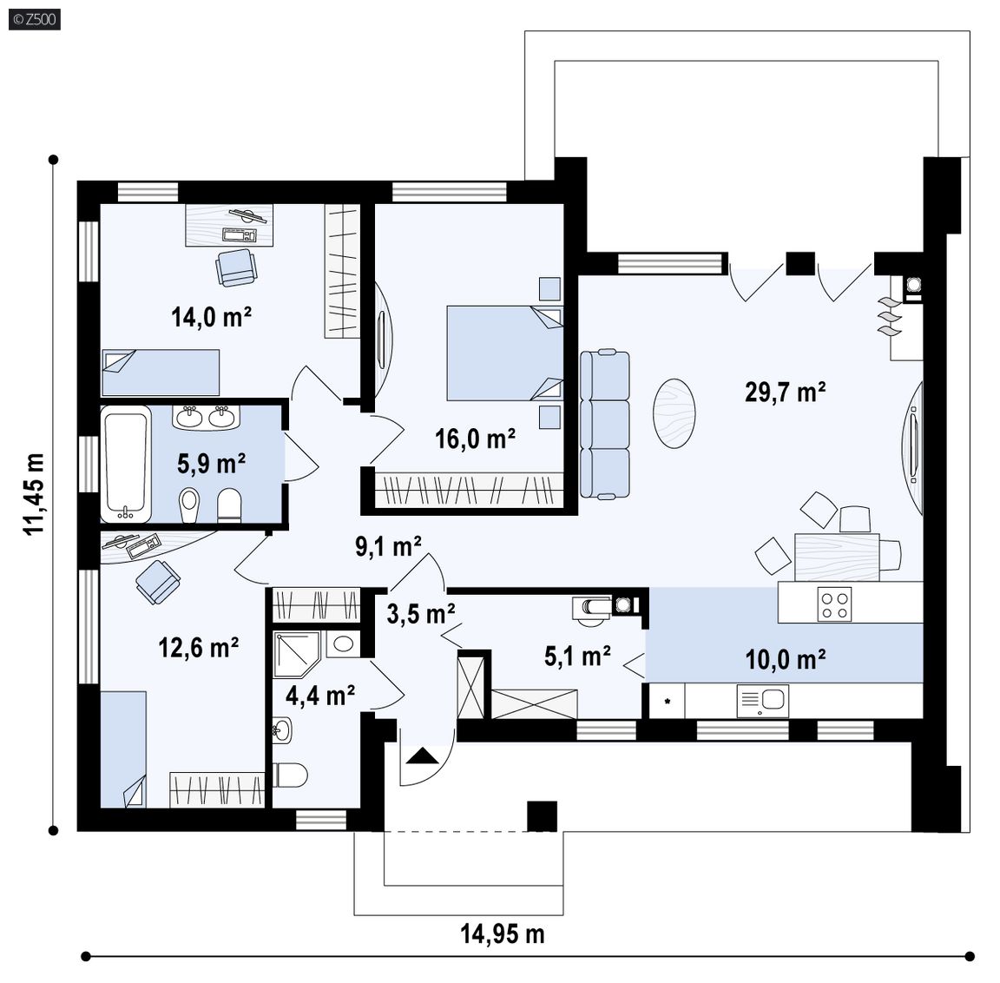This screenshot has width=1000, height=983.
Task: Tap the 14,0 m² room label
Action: (211, 316)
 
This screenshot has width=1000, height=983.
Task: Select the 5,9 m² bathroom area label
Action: (211, 463)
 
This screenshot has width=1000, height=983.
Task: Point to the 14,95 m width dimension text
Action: (503, 934)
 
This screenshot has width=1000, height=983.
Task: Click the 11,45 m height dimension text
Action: (34, 494)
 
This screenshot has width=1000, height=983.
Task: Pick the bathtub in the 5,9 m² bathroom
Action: (126, 465)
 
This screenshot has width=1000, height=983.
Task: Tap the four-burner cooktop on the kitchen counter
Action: (834, 604)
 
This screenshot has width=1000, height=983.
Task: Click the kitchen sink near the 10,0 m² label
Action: (763, 701)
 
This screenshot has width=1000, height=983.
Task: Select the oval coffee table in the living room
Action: (674, 413)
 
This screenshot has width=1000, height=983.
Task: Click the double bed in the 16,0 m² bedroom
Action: (504, 353)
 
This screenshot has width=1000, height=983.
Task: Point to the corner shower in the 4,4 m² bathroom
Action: (297, 655)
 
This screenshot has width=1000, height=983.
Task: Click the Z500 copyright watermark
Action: (35, 19)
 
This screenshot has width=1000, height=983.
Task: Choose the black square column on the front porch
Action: (542, 816)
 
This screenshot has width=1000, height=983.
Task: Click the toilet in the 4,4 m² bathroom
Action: (290, 775)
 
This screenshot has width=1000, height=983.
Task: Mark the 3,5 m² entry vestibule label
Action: (421, 614)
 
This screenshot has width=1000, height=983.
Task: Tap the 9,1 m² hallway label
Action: (388, 547)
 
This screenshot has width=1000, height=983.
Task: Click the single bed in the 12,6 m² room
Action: (124, 749)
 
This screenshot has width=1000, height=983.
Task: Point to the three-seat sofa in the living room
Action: (604, 424)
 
